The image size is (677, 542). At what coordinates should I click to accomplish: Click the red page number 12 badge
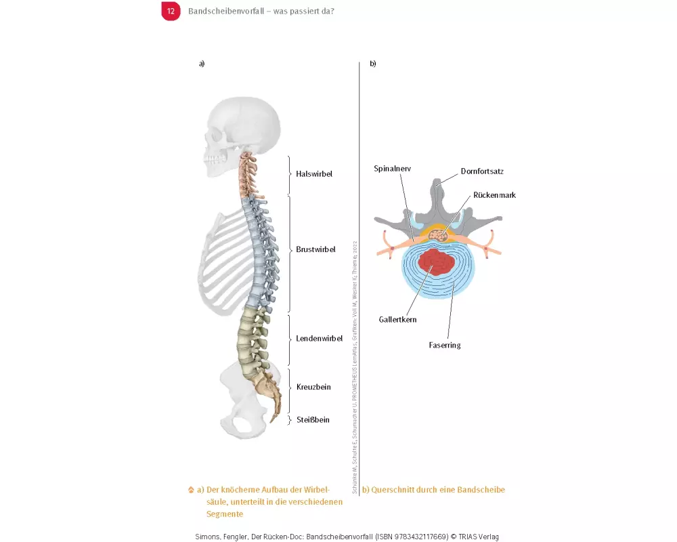[171, 12]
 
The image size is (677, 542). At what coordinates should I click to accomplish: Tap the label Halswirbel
[314, 174]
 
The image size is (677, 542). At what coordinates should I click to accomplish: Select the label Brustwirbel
[315, 249]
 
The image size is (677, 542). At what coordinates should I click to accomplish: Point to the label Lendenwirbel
[319, 339]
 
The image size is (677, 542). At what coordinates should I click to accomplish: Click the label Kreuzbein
[313, 387]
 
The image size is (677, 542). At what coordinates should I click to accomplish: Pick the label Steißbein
[313, 420]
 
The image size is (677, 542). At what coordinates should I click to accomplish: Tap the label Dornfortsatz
[482, 171]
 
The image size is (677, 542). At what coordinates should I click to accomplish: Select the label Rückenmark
[494, 195]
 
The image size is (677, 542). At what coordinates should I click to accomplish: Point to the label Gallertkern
[397, 318]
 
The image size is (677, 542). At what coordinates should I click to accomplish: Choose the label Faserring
[444, 346]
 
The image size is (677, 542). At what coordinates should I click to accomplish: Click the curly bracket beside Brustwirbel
[290, 253]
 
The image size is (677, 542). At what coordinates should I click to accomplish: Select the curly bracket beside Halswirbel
[290, 175]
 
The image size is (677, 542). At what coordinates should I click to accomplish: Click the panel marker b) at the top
[372, 64]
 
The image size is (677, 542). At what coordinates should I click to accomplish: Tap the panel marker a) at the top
[202, 64]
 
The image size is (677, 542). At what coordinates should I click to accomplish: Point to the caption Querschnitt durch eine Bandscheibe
[438, 490]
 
